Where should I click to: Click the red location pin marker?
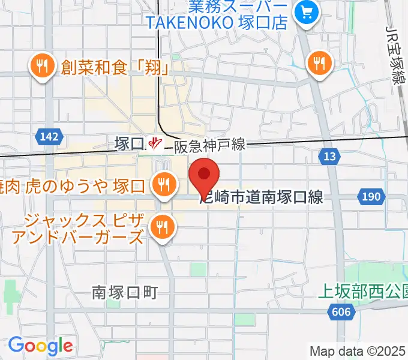204,175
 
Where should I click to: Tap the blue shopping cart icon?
307,13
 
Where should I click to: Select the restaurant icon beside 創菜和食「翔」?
41,66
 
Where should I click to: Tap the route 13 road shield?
329,157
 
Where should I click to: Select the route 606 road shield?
341,311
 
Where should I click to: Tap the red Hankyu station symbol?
156,143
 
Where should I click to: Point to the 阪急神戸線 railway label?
210,144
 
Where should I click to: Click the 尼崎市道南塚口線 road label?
262,197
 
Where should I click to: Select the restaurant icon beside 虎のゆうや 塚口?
162,185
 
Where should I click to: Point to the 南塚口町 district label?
125,292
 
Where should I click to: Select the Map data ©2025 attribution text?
357,351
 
